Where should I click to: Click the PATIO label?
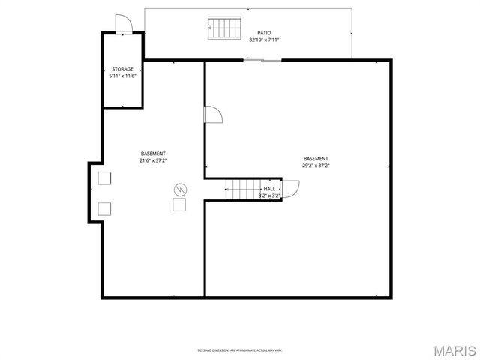click(264, 33)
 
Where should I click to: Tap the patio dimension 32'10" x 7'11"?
click(264, 40)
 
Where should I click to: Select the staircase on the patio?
click(224, 28)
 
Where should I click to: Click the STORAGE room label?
click(123, 69)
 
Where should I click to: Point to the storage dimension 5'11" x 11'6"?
click(123, 76)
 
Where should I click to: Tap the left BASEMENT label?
click(153, 154)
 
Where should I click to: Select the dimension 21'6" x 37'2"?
click(153, 160)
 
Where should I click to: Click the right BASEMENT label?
click(316, 158)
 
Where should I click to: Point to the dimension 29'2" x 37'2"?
click(316, 166)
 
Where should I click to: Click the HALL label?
click(269, 189)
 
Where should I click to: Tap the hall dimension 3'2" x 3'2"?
click(269, 196)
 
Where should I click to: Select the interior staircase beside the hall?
click(241, 190)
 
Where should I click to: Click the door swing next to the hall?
click(290, 188)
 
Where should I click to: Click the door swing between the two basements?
click(213, 115)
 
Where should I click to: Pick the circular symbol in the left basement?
click(180, 189)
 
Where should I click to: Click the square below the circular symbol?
click(180, 205)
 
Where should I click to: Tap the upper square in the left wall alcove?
click(104, 178)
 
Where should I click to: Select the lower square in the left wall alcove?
click(104, 208)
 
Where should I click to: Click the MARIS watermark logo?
click(454, 349)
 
